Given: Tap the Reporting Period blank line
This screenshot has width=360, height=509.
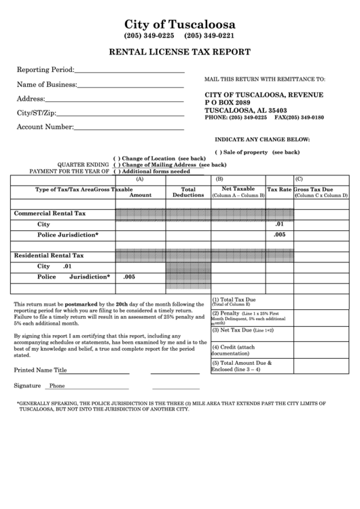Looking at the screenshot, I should tap(130, 70).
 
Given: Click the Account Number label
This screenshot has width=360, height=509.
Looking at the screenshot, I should tap(45, 127).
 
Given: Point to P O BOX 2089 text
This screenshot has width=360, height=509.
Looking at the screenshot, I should tap(232, 102).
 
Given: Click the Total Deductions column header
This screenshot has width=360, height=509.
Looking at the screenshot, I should tap(188, 192).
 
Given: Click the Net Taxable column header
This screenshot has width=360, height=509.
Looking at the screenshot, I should tap(238, 190).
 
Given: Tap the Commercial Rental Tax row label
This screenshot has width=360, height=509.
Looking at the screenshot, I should tap(50, 213).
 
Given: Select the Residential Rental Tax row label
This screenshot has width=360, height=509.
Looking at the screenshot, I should tap(50, 256).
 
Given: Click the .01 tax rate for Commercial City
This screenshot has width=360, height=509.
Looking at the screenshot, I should tap(279, 224).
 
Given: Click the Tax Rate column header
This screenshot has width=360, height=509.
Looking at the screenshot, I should tap(278, 190).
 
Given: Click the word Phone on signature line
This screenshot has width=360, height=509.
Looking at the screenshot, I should tap(57, 385).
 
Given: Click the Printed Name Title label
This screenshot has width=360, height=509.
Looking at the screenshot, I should tap(41, 370).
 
